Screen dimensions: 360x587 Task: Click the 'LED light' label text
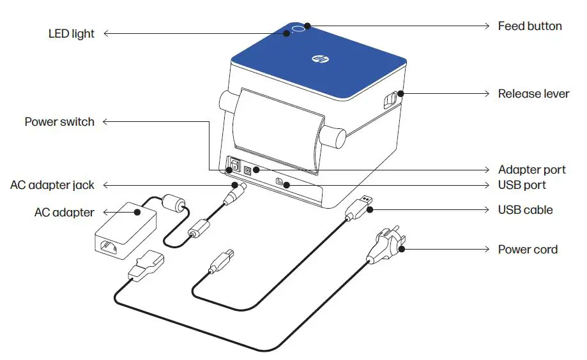[x=71, y=34]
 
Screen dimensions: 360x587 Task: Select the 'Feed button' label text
[x=530, y=26]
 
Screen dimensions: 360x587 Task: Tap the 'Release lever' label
[x=533, y=94]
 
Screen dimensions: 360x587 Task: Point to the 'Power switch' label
[x=59, y=121]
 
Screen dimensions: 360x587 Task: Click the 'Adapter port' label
[x=531, y=170]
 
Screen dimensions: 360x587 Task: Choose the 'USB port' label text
[x=522, y=185]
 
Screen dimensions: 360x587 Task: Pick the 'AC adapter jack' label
[x=52, y=185]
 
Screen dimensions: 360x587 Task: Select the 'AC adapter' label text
[x=64, y=213]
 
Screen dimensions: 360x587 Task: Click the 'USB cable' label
[x=525, y=209]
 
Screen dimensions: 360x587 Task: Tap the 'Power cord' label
[x=528, y=250]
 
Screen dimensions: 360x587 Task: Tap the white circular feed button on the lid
[x=298, y=29]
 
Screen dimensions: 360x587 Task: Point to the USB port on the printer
[x=279, y=183]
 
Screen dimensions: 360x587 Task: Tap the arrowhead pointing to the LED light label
[x=107, y=34]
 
